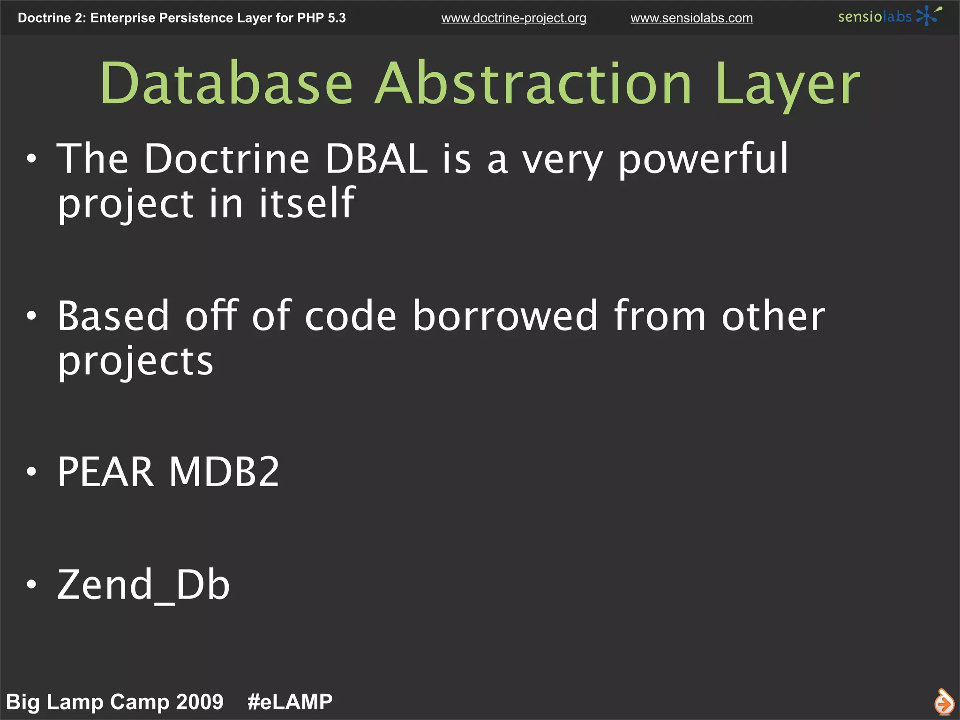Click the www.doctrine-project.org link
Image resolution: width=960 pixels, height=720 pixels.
pyautogui.click(x=513, y=18)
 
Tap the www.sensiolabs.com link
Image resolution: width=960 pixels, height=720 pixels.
pyautogui.click(x=691, y=18)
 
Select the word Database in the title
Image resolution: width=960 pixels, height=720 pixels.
pyautogui.click(x=226, y=84)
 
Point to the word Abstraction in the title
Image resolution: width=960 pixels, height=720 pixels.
pyautogui.click(x=533, y=84)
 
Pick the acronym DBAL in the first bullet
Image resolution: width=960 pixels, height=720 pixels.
pyautogui.click(x=376, y=159)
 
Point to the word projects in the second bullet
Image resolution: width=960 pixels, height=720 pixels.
pyautogui.click(x=135, y=362)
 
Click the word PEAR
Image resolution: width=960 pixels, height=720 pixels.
pyautogui.click(x=105, y=472)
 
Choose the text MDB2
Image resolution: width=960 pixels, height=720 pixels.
pyautogui.click(x=224, y=472)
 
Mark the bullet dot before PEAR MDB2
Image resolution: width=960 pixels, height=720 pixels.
pyautogui.click(x=31, y=472)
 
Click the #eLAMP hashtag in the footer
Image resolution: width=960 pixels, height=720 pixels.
pyautogui.click(x=290, y=702)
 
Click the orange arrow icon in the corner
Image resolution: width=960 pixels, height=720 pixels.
pyautogui.click(x=944, y=702)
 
